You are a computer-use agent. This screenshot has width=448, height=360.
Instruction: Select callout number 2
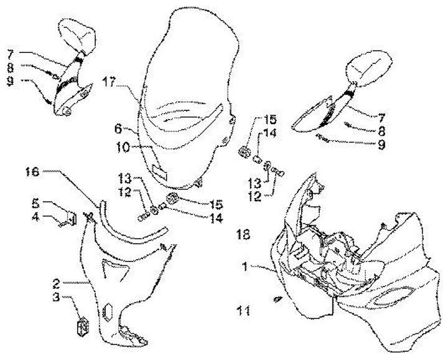pyautogui.click(x=57, y=283)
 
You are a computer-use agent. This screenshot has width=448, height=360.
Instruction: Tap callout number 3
pyautogui.click(x=57, y=298)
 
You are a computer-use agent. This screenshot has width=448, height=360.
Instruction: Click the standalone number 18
pyautogui.click(x=243, y=234)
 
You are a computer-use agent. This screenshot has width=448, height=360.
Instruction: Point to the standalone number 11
pyautogui.click(x=243, y=309)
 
